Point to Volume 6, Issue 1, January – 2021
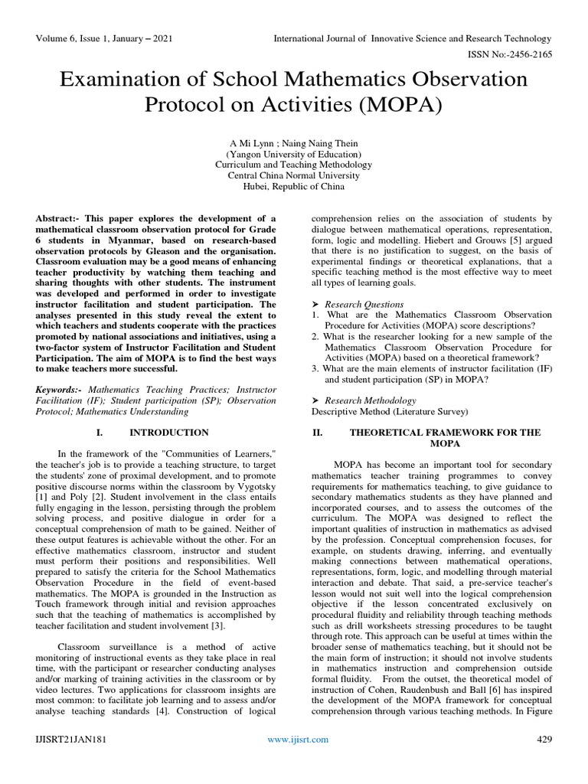(110, 38)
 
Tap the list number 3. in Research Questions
(315, 368)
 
